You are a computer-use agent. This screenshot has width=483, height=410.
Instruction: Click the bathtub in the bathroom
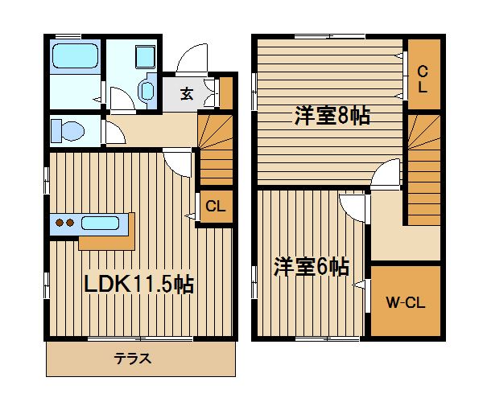click(76, 55)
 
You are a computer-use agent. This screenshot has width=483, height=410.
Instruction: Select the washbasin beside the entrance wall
click(147, 90)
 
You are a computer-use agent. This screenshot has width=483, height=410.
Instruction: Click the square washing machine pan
click(146, 56)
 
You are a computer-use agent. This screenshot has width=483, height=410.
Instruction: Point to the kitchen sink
click(100, 223)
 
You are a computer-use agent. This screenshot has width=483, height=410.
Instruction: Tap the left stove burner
click(59, 223)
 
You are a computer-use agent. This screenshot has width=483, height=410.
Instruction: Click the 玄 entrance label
click(187, 94)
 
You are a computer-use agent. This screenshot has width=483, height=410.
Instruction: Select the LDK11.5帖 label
click(139, 285)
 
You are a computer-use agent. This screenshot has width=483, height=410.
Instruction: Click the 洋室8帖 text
click(332, 116)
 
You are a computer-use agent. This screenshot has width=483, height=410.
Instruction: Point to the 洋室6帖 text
click(312, 267)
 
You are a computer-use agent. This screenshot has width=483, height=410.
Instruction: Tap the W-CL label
click(406, 302)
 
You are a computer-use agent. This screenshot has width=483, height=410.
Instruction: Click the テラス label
click(133, 359)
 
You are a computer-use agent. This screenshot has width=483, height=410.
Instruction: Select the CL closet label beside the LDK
click(215, 206)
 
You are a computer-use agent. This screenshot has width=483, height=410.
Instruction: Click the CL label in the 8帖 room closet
click(423, 80)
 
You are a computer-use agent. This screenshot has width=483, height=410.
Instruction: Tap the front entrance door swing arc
click(192, 59)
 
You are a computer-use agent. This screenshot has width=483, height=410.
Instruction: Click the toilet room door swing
click(116, 133)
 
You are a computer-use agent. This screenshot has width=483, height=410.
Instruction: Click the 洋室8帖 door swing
click(386, 172)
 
